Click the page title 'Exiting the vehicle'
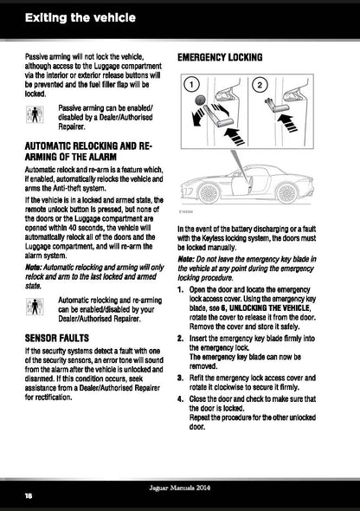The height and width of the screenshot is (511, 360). (x=80, y=17)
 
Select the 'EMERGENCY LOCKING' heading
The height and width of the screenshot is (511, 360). (x=220, y=57)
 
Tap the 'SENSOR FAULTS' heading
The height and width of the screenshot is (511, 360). (x=57, y=338)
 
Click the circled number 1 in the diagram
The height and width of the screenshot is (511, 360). (x=191, y=85)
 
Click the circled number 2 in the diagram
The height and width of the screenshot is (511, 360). (x=260, y=86)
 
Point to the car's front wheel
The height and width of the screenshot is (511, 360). (x=209, y=194)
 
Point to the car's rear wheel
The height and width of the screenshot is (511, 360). (x=286, y=193)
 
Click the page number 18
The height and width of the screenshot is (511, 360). (x=29, y=495)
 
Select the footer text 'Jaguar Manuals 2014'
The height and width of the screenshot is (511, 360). (x=180, y=488)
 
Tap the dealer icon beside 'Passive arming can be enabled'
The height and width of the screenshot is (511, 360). (x=35, y=114)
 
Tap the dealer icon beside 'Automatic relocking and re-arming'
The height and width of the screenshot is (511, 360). (x=35, y=307)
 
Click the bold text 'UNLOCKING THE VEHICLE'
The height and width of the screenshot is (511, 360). (x=269, y=308)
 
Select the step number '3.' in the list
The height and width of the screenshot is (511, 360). (x=181, y=378)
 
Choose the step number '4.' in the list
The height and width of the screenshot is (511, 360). (x=181, y=399)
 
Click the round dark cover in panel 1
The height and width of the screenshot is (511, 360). (x=201, y=100)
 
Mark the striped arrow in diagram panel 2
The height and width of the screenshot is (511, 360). (x=287, y=123)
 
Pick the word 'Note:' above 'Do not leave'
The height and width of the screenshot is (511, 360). (x=186, y=260)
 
